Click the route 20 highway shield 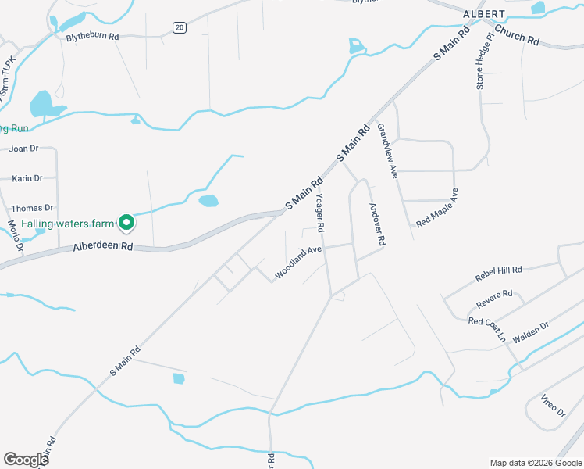[180, 28]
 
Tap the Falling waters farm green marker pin [126, 224]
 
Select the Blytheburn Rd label [92, 36]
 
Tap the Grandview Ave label [387, 151]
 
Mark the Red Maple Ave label [436, 207]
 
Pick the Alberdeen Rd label [103, 246]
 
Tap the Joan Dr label [23, 149]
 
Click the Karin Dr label [27, 178]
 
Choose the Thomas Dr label [32, 208]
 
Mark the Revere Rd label [494, 298]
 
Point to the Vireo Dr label [552, 406]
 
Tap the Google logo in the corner [26, 459]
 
